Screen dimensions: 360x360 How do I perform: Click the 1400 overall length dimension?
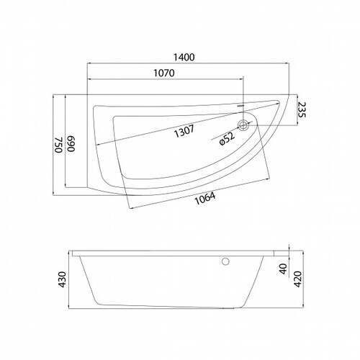point(184,57)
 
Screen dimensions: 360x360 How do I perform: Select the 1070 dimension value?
point(164,73)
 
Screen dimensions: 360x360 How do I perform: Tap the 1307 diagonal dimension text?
point(184,131)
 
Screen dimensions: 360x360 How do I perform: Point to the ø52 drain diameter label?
point(227,139)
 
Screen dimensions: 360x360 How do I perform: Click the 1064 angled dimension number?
point(204,199)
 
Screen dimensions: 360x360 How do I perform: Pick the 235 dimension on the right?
point(302,109)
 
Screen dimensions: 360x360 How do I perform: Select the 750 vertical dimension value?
point(58,145)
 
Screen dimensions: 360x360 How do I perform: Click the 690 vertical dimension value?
point(71,144)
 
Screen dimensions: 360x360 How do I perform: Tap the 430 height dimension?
point(63,279)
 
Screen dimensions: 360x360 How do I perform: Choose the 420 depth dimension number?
point(297,279)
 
